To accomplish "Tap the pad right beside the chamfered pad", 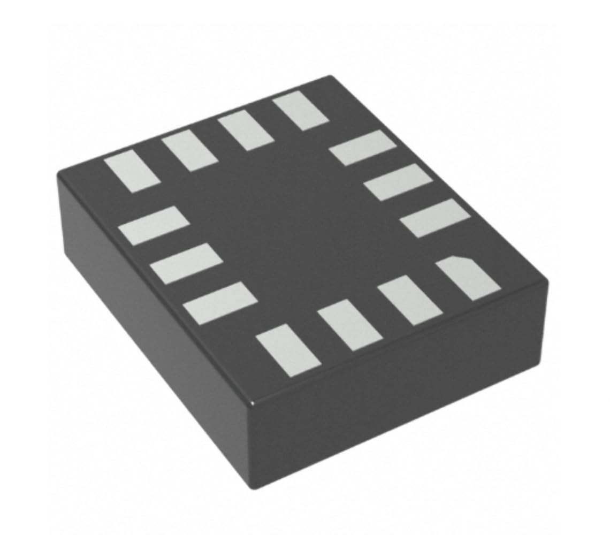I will click(410, 300).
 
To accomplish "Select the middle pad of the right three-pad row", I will click(399, 182).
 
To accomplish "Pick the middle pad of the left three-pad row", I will click(186, 262).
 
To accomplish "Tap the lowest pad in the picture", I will click(288, 349).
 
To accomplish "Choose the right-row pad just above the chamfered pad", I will click(434, 218).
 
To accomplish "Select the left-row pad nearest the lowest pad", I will click(219, 303).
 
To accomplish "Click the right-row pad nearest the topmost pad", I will click(362, 147).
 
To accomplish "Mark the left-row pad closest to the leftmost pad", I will click(154, 225).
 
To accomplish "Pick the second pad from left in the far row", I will click(189, 152).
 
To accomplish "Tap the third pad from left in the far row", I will click(246, 132).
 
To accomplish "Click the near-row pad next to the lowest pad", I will click(349, 325).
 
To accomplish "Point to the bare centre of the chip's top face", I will click(300, 225).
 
